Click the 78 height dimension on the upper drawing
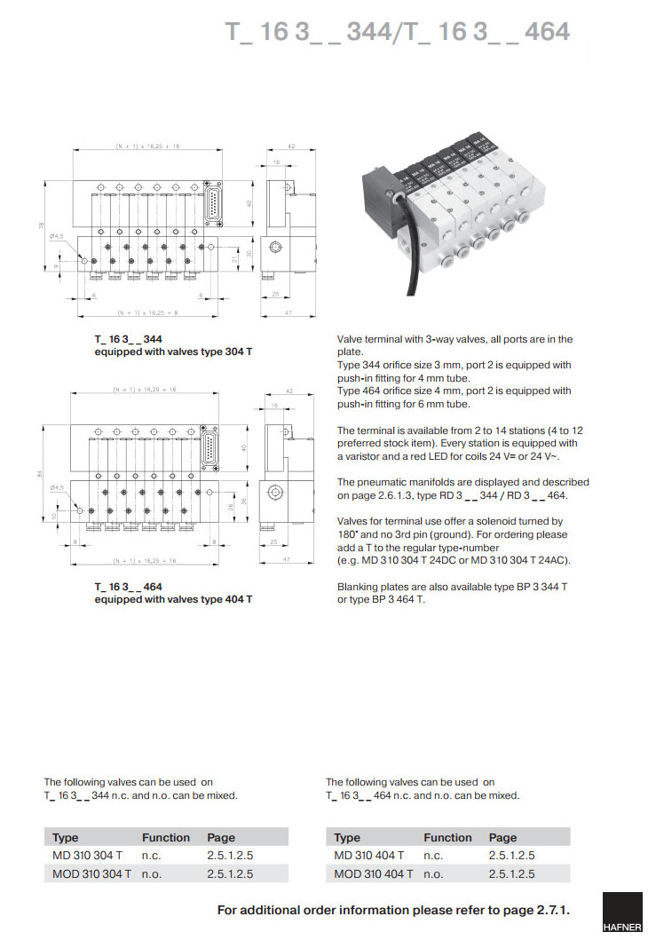click(42, 227)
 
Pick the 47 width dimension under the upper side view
click(288, 312)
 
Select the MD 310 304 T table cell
click(86, 855)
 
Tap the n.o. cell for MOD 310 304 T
click(153, 873)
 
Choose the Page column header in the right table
click(502, 837)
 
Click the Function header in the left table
click(166, 837)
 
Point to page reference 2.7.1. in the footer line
click(550, 910)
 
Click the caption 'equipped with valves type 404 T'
click(173, 599)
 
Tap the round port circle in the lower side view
click(277, 491)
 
